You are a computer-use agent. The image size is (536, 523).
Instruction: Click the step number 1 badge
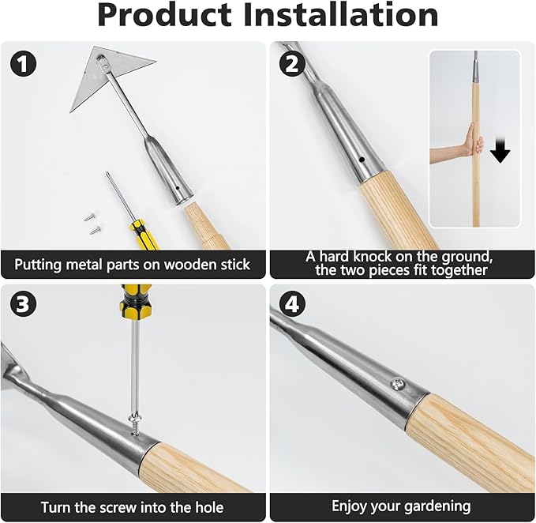click(x=25, y=63)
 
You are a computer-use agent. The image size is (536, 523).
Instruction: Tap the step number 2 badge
click(x=292, y=63)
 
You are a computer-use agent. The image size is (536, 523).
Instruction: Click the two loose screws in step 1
click(x=92, y=221)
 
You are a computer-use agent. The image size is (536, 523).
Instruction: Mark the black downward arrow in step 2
click(x=500, y=149)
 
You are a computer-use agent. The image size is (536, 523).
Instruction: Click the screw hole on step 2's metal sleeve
click(x=361, y=160)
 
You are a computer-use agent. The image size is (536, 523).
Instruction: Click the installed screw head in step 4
click(x=399, y=384)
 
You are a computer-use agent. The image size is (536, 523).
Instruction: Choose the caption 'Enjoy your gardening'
click(x=402, y=506)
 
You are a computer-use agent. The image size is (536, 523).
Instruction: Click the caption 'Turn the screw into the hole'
click(x=132, y=506)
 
